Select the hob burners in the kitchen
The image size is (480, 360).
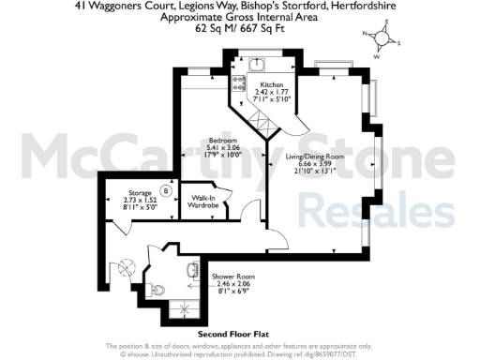[x=236, y=79]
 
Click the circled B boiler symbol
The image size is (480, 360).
[x=165, y=191]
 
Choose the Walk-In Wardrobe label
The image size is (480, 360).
[x=205, y=202]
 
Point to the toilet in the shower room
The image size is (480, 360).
[x=160, y=288]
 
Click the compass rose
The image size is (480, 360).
[x=382, y=40]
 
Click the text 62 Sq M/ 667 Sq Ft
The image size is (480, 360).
[x=239, y=29]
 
